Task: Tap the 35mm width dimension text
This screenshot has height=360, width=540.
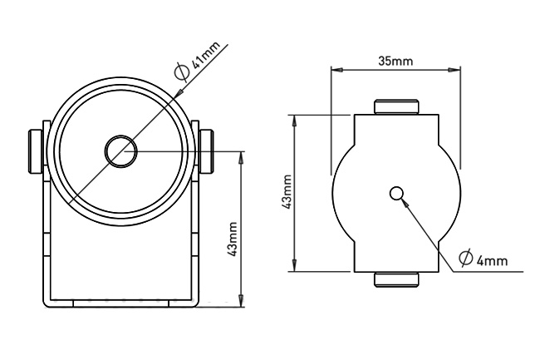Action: tap(395, 61)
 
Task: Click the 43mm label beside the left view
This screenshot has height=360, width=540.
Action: tap(233, 239)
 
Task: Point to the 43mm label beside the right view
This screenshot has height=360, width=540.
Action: tap(287, 191)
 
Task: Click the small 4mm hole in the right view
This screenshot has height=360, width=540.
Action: tap(396, 194)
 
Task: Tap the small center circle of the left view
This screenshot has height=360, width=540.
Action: tap(121, 151)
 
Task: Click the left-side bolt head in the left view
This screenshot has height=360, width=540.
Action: tap(36, 151)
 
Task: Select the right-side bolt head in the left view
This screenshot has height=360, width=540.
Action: tap(206, 150)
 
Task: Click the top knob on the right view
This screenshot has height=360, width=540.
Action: tap(396, 106)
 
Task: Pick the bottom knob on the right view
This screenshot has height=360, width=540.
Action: tap(396, 279)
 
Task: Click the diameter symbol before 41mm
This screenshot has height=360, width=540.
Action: tap(182, 72)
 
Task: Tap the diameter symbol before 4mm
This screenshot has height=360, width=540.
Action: tap(465, 259)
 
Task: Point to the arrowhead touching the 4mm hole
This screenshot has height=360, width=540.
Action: tap(406, 203)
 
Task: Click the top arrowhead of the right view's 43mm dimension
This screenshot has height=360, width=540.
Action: tap(294, 121)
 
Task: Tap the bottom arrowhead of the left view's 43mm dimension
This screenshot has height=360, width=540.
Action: tap(241, 299)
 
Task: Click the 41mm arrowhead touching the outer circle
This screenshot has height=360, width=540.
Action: tap(179, 92)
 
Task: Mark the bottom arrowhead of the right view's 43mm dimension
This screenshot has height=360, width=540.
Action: tap(294, 265)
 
